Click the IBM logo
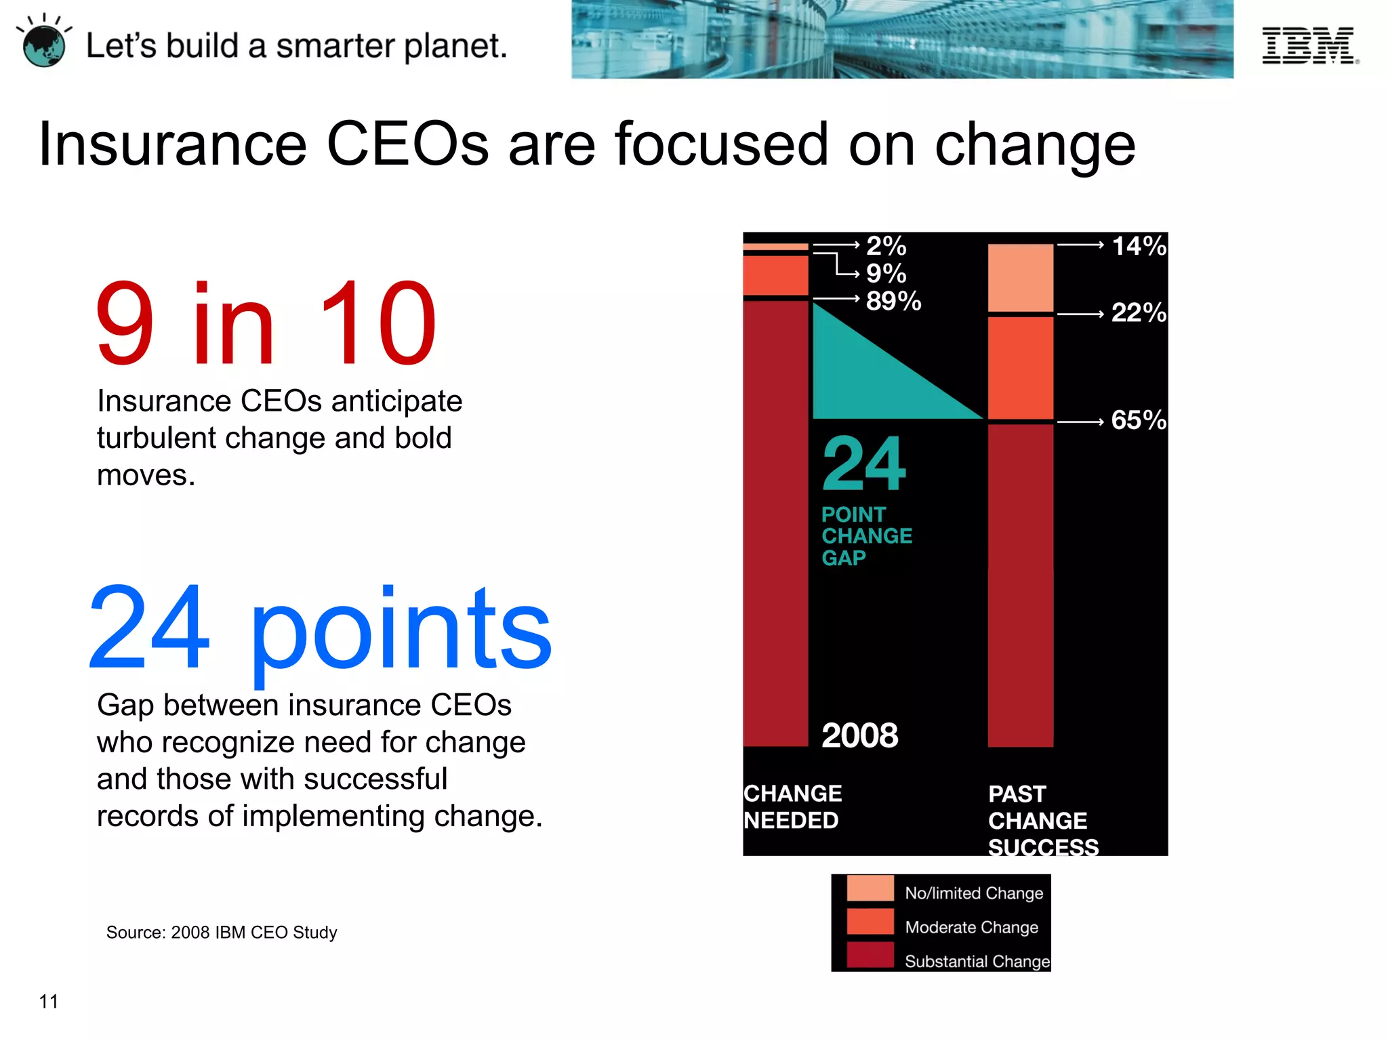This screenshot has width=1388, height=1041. (x=1309, y=45)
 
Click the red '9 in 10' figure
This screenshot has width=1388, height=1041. (x=266, y=323)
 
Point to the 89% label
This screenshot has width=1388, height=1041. (x=893, y=301)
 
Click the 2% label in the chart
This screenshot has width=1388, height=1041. (x=886, y=245)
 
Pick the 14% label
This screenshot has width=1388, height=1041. (x=1139, y=245)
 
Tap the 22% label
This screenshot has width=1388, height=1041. (x=1139, y=312)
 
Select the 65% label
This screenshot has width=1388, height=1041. (x=1139, y=420)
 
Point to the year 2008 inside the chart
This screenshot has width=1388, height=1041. (x=859, y=735)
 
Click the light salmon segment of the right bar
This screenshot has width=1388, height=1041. (x=1020, y=278)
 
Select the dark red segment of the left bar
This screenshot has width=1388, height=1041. (x=775, y=522)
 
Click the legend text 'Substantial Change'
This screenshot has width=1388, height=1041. (x=977, y=961)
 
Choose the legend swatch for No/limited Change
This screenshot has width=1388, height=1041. (x=870, y=889)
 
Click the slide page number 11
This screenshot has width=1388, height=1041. (x=49, y=1001)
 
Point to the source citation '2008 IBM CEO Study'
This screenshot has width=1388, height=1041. (x=222, y=933)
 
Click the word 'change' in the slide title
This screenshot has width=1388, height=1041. (x=1035, y=144)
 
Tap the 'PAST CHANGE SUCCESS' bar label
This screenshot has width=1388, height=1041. (x=1042, y=820)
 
